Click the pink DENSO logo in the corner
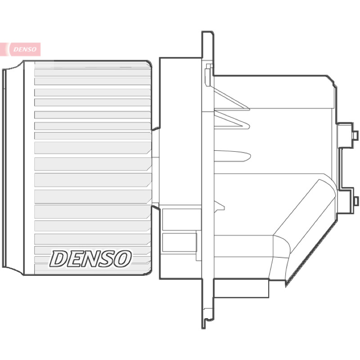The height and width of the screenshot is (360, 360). click(x=20, y=49)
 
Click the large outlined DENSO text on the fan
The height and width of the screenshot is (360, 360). click(x=90, y=259)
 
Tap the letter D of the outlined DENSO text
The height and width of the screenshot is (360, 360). click(x=58, y=259)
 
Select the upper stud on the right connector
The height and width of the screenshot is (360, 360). click(x=355, y=135)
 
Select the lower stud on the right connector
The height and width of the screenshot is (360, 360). click(x=355, y=201)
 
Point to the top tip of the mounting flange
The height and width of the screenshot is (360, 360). click(x=208, y=31)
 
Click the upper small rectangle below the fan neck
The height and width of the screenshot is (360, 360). click(x=181, y=219)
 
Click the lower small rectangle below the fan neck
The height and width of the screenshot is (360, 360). click(x=179, y=243)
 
